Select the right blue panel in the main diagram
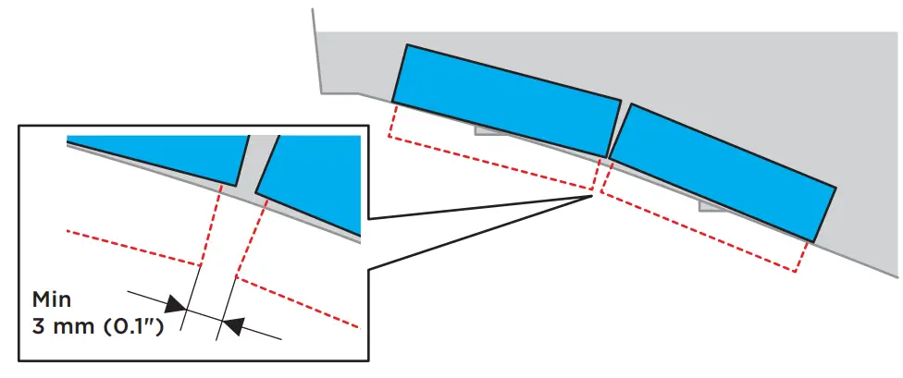[x=722, y=171]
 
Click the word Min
[x=52, y=300]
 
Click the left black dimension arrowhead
[x=174, y=303]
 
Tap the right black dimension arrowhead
[x=235, y=324]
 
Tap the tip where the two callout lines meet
[x=592, y=194]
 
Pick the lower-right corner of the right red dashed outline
[x=795, y=272]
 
